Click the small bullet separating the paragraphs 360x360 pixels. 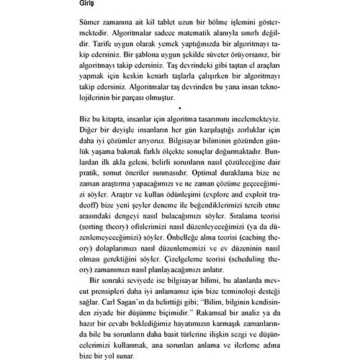click(x=179, y=108)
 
